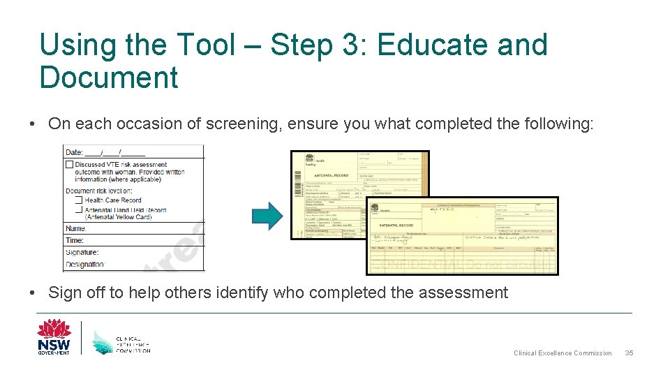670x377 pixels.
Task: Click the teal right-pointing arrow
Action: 266,216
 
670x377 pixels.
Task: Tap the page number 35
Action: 629,353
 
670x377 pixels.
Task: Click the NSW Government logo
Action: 54,337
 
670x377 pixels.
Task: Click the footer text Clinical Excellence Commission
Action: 563,353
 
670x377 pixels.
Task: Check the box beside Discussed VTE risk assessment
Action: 69,165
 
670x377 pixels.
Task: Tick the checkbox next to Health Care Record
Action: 78,200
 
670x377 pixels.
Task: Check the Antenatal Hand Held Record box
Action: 78,209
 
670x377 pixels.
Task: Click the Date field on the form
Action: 105,152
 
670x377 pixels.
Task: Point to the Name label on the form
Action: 76,228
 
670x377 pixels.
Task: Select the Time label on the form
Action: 75,239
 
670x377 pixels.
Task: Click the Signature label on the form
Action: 82,252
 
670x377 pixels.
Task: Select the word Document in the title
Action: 109,77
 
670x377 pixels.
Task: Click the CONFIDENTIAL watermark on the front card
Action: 416,265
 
